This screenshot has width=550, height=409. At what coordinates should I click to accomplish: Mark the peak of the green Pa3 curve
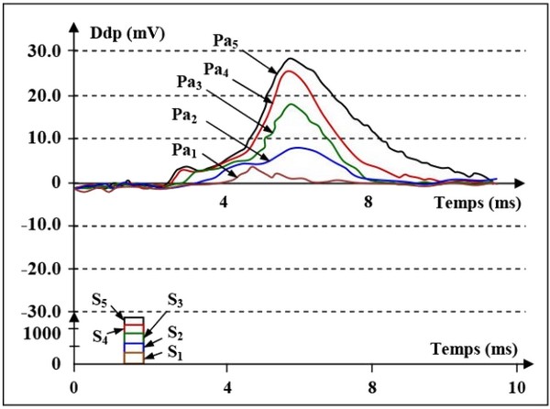(x=291, y=105)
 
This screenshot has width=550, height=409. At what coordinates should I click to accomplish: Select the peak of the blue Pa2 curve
(x=297, y=148)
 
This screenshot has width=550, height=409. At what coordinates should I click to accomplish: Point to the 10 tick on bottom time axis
(x=517, y=386)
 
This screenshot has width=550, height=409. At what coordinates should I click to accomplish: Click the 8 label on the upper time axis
(x=368, y=201)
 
